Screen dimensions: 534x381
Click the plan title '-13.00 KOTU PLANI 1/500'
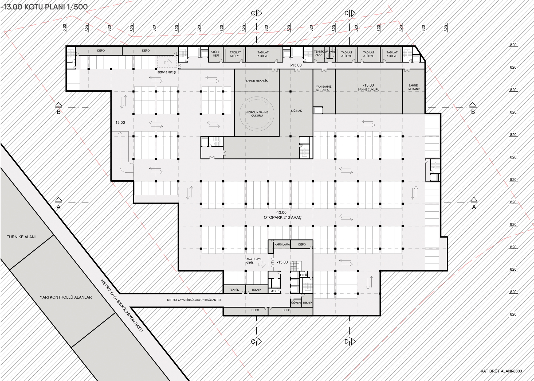(x=44, y=7)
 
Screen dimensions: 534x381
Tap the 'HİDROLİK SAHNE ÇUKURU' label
(x=257, y=114)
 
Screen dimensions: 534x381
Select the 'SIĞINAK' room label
(x=296, y=111)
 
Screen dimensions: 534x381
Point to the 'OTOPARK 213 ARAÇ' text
(x=282, y=217)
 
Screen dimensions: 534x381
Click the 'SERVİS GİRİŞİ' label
(x=167, y=72)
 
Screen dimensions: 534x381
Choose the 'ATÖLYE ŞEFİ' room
(x=216, y=54)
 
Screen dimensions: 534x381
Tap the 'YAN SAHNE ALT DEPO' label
(x=324, y=88)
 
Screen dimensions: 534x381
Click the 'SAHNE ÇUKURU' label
(x=368, y=90)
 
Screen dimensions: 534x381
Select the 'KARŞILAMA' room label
(x=282, y=244)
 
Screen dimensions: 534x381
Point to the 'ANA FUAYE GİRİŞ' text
(x=254, y=261)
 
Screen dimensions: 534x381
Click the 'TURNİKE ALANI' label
(x=21, y=237)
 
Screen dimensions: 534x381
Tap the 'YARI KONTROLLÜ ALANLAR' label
(x=66, y=297)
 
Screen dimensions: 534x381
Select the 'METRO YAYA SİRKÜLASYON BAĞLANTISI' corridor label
(x=194, y=300)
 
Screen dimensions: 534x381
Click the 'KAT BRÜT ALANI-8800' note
(x=501, y=371)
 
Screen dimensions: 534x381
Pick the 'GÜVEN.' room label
(x=296, y=303)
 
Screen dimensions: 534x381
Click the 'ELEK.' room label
(x=304, y=275)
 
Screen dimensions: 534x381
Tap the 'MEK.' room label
(x=274, y=291)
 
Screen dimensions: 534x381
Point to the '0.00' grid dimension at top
(x=64, y=28)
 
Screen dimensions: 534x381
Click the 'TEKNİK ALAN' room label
(x=319, y=53)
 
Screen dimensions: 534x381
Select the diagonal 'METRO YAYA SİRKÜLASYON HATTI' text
(x=121, y=306)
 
